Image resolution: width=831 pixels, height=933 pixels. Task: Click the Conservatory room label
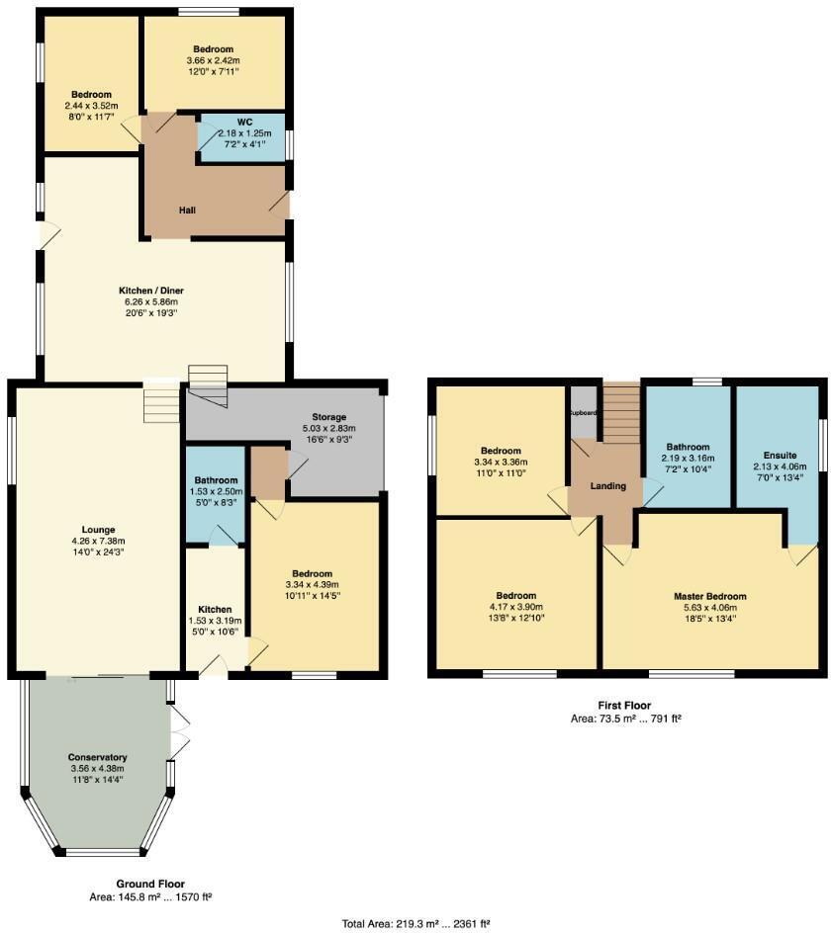[98, 757]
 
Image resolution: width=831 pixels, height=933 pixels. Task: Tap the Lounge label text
[98, 529]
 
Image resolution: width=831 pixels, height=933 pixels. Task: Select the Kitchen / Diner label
[151, 291]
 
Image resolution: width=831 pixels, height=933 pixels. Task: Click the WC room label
[244, 122]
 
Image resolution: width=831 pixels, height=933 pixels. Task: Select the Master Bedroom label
[709, 597]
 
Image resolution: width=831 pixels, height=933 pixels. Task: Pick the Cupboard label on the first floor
[583, 414]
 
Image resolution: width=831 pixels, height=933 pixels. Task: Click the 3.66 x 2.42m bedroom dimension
[213, 60]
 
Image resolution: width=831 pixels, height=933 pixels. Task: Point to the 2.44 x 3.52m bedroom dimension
[91, 106]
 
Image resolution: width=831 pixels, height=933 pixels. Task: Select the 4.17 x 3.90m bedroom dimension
[515, 607]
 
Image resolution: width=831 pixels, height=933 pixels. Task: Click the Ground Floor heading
[150, 884]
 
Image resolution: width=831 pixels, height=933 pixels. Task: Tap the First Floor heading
[624, 705]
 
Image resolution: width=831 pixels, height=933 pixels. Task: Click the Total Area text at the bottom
[415, 923]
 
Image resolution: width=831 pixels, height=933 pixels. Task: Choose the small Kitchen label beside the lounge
[215, 609]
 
